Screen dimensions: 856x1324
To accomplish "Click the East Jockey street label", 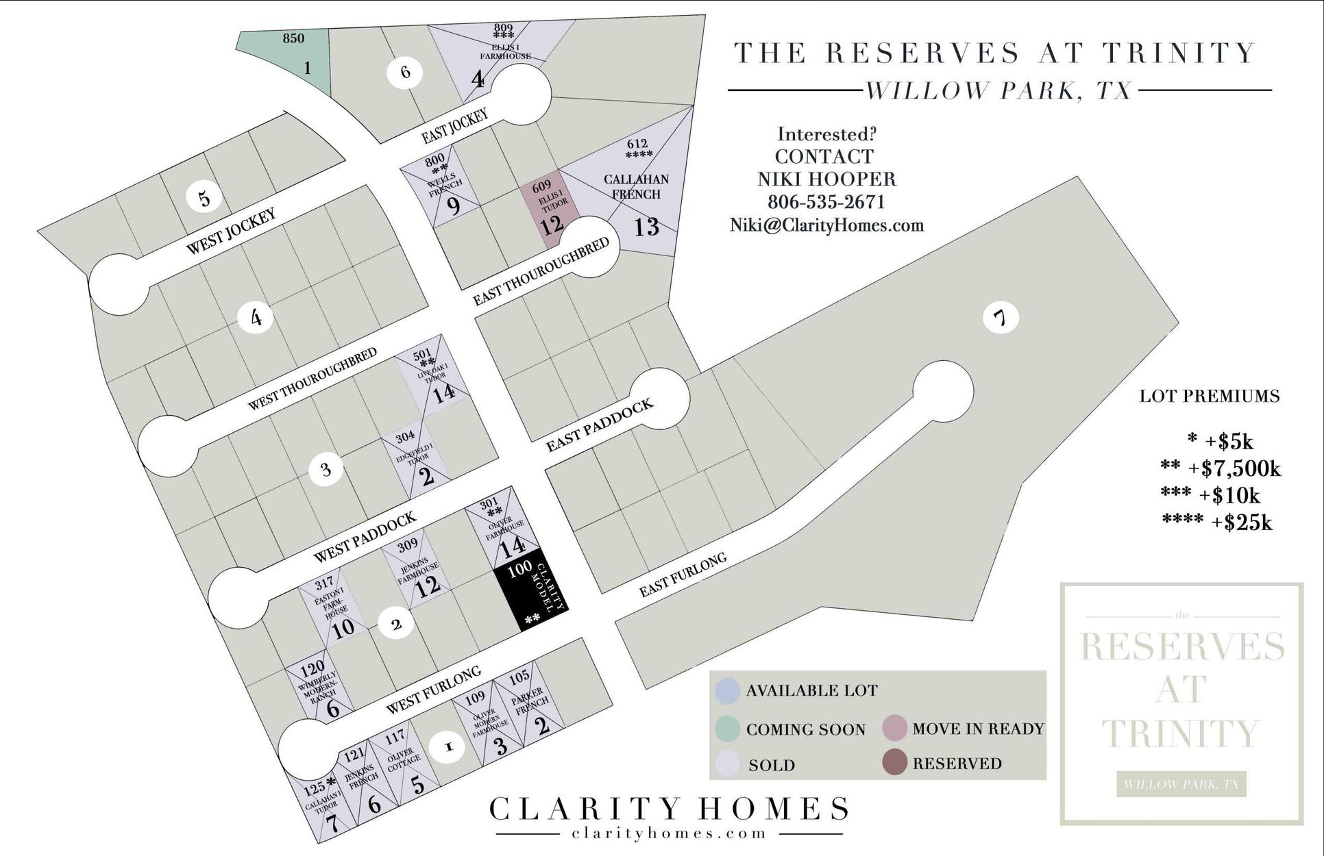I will click(454, 126).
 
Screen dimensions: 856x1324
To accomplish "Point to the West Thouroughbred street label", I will click(312, 379).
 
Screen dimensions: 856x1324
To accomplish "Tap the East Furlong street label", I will click(683, 575).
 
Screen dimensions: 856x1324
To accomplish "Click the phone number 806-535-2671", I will click(826, 202).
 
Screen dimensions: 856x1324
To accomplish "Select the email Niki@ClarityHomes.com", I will click(826, 225).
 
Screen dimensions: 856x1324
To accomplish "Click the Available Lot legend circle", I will click(726, 690).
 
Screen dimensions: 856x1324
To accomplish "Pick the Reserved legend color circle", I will click(894, 763).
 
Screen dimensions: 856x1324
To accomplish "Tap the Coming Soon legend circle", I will click(726, 729).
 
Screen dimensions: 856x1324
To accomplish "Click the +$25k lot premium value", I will click(1241, 523).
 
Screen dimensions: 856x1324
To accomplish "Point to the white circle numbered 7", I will click(1001, 318).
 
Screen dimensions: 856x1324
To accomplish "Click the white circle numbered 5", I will click(204, 199).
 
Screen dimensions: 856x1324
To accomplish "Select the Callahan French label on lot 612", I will click(636, 186).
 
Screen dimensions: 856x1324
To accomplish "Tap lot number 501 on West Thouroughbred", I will click(422, 355).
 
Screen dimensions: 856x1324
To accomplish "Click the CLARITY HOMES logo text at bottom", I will click(668, 809).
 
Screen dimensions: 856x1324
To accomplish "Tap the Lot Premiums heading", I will click(1210, 396).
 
